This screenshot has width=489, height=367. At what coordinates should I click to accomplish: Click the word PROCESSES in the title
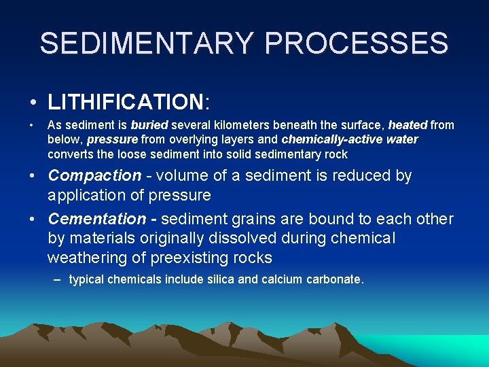[x=357, y=43]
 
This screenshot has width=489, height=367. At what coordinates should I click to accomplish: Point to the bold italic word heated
[x=407, y=125]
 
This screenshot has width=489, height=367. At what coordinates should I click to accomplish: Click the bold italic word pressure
[x=113, y=140]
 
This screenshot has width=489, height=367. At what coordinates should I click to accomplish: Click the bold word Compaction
[x=94, y=175]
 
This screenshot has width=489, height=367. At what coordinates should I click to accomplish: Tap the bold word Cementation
[x=97, y=219]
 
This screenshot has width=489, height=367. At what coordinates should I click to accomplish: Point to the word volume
[x=183, y=175]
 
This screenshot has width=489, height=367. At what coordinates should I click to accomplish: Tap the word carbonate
[x=336, y=279]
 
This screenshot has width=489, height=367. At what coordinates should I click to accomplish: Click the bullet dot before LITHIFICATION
[x=33, y=103]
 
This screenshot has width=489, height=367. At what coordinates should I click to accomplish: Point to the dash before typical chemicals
[x=58, y=279]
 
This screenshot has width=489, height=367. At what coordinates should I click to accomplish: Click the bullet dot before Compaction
[x=33, y=176]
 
